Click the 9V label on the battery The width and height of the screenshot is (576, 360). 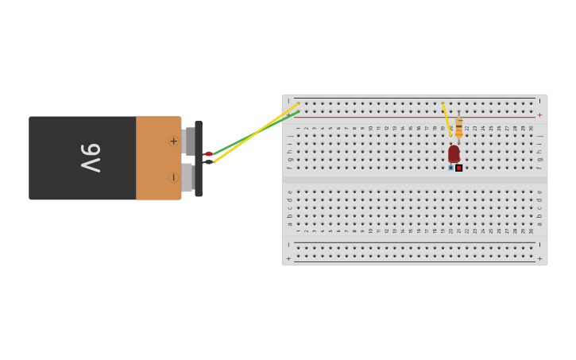pyautogui.click(x=90, y=158)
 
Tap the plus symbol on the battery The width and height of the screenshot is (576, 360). pyautogui.click(x=173, y=141)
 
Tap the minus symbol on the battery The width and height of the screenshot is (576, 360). pyautogui.click(x=173, y=177)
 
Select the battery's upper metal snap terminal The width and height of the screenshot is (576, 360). pyautogui.click(x=188, y=141)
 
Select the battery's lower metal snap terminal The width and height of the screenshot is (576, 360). pyautogui.click(x=187, y=177)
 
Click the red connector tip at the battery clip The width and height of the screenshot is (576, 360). pyautogui.click(x=209, y=153)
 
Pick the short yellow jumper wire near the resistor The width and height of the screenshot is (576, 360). pyautogui.click(x=446, y=118)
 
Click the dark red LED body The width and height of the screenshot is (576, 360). pyautogui.click(x=454, y=153)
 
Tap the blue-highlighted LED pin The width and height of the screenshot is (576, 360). pyautogui.click(x=450, y=168)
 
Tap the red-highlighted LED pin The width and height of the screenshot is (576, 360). pyautogui.click(x=459, y=168)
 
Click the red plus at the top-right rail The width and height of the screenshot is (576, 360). pyautogui.click(x=540, y=115)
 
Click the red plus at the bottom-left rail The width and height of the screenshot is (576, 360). pyautogui.click(x=288, y=258)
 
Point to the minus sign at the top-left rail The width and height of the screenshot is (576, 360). pyautogui.click(x=288, y=102)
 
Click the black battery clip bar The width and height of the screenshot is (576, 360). pyautogui.click(x=199, y=158)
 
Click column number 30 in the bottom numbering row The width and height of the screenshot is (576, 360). pyautogui.click(x=532, y=230)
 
